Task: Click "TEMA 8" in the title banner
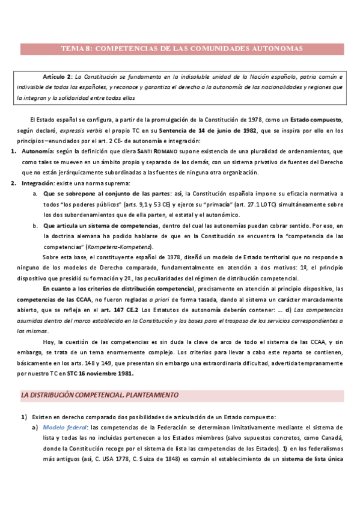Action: coord(78,49)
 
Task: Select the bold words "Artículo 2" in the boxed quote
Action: coord(57,78)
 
